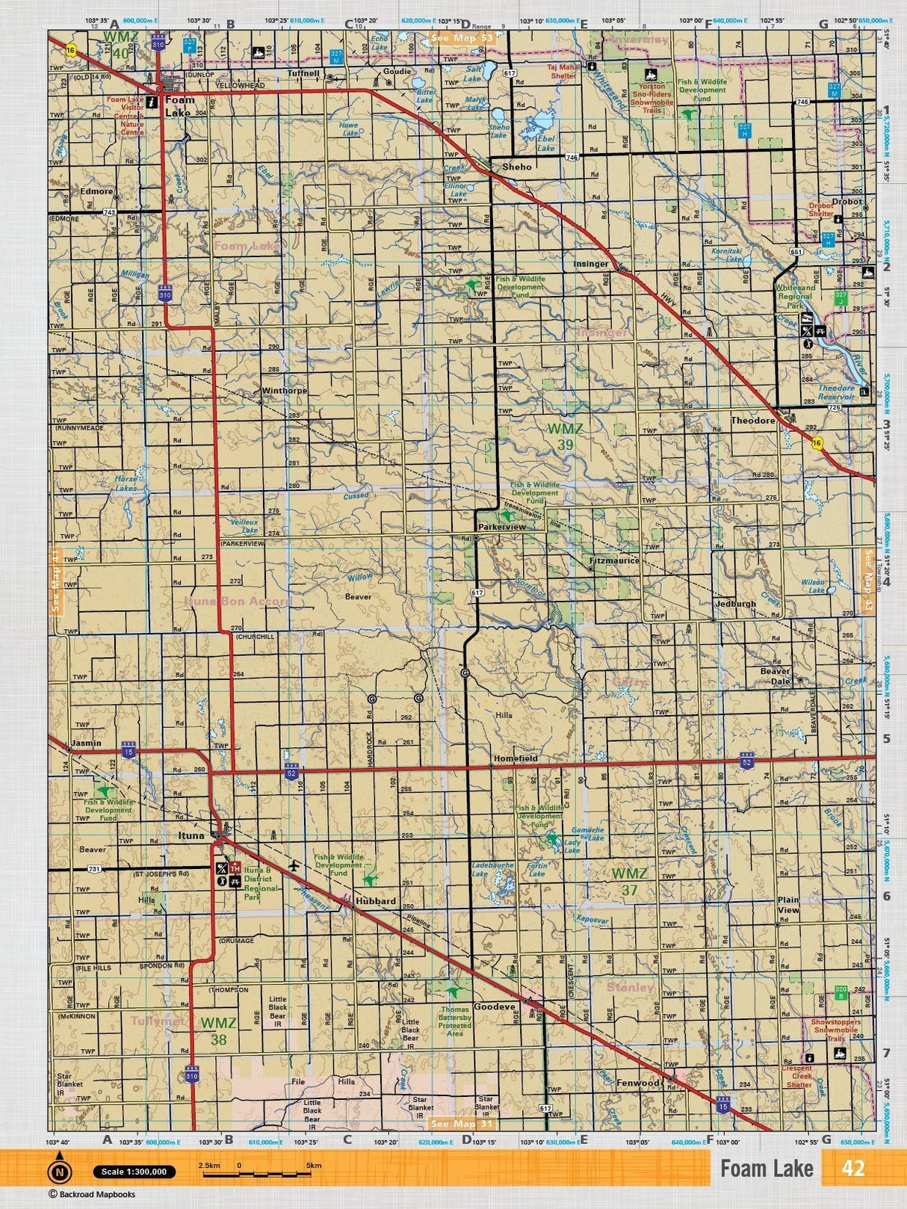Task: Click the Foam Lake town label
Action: pyautogui.click(x=179, y=106)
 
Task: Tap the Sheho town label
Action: pyautogui.click(x=517, y=167)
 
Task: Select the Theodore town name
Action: pyautogui.click(x=752, y=421)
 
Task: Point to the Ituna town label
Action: pyautogui.click(x=191, y=835)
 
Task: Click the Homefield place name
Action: pyautogui.click(x=516, y=758)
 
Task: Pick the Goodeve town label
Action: pyautogui.click(x=495, y=1007)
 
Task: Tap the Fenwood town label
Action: pyautogui.click(x=638, y=1083)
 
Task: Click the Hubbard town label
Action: pyautogui.click(x=376, y=901)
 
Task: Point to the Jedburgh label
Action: pyautogui.click(x=735, y=604)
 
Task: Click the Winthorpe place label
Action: pyautogui.click(x=284, y=391)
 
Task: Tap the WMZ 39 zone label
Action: pyautogui.click(x=565, y=436)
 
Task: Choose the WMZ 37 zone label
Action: pyautogui.click(x=629, y=881)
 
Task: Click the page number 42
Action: pyautogui.click(x=852, y=1168)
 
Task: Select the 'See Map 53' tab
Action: pyautogui.click(x=462, y=37)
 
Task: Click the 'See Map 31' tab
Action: pyautogui.click(x=462, y=1123)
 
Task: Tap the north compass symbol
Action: pyautogui.click(x=60, y=1171)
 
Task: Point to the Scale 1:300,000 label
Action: pyautogui.click(x=134, y=1172)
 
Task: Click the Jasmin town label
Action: pyautogui.click(x=86, y=744)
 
